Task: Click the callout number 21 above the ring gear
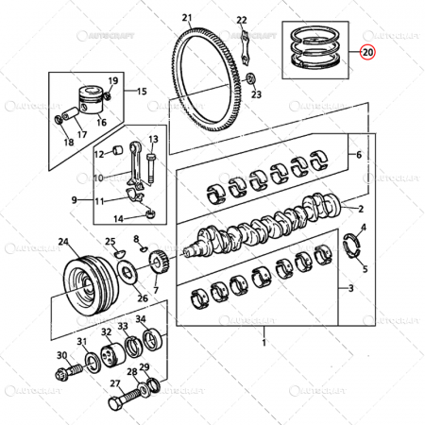click(186, 18)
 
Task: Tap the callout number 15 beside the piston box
click(142, 92)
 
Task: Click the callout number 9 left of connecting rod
click(74, 200)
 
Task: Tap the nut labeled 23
click(250, 78)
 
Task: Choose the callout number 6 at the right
click(358, 155)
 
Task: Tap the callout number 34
click(140, 319)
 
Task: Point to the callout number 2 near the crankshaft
click(360, 207)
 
